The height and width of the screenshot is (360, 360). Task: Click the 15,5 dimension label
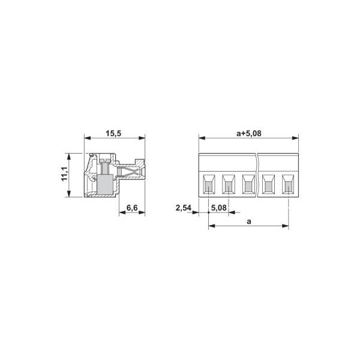point(113,133)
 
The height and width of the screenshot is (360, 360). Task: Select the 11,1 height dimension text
point(65,174)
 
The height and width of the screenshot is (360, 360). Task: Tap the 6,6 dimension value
point(132,208)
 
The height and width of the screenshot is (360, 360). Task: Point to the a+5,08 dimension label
point(249,133)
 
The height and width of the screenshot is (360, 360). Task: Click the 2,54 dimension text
point(184,208)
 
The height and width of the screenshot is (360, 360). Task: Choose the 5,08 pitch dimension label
point(218,208)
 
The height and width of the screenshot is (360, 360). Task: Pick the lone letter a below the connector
point(249,222)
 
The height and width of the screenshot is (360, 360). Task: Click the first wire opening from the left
point(209,184)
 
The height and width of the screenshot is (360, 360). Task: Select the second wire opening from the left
point(229,184)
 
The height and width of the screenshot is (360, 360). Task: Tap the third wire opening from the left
point(248,184)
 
